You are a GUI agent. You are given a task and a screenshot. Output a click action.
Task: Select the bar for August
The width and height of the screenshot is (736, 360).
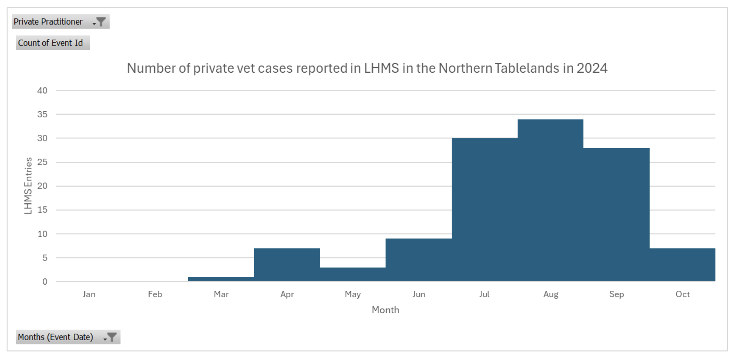pos(550,200)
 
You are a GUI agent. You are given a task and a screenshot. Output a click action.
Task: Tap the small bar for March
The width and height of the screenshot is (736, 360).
pos(221,279)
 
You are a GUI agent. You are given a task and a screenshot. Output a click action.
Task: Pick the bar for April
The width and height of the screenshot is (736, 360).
pos(287,265)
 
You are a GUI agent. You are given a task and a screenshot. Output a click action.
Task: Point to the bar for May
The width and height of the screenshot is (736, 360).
pos(352,274)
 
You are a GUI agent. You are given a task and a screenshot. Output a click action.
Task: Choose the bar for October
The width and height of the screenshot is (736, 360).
pos(682,265)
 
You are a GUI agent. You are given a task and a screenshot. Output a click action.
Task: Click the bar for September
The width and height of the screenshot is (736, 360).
pos(616,214)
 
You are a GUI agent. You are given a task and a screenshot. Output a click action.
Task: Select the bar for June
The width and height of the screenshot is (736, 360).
pos(419,260)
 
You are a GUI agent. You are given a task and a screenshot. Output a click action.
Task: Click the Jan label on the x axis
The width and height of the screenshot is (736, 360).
pos(89,294)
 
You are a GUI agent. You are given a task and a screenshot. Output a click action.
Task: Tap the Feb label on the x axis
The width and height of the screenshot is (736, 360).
pos(155,294)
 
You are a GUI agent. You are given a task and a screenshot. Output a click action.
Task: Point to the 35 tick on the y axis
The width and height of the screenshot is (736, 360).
pos(42,114)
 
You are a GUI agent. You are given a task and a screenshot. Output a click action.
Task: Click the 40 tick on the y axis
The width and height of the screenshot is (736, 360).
pos(42,91)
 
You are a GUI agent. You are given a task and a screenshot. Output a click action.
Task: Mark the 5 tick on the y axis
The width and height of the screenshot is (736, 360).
pos(45,258)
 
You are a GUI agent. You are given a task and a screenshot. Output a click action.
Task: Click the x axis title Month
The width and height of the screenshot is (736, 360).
pos(385,310)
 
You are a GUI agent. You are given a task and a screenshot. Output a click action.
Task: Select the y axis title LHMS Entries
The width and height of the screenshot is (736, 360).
pos(28,185)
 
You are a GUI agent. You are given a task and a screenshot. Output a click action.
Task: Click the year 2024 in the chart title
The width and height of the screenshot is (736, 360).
pos(591,68)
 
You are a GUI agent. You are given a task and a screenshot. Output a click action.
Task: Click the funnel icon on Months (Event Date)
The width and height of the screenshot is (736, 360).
pos(111,337)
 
